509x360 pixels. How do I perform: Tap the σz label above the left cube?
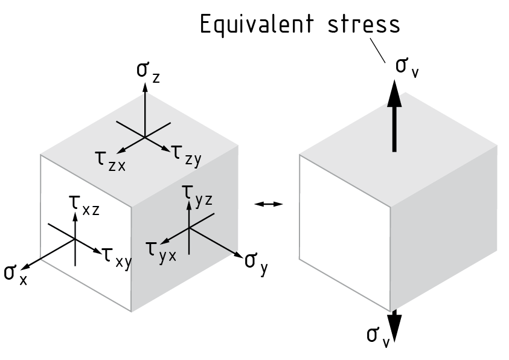pos(147,71)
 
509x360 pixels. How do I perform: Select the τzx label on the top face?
pos(109,160)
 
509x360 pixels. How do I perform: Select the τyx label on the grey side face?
pos(161,250)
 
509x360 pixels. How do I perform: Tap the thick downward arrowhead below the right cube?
pos(394,327)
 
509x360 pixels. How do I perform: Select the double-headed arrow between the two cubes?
pos(269,205)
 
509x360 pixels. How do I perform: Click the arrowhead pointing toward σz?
pos(145,86)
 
